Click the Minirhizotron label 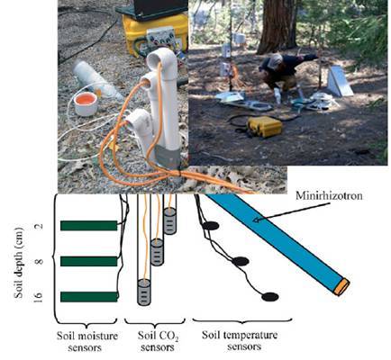point(329,196)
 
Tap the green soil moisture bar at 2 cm point(89,226)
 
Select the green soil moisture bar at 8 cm point(89,261)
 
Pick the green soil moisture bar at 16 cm point(89,297)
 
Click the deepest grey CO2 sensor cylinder point(144,292)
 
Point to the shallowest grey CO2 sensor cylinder point(170,221)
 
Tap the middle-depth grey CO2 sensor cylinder point(157,252)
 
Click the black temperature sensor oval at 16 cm point(270,297)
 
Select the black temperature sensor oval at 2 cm point(211,226)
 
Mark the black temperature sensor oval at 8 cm point(241,262)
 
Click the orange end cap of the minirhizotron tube point(342,287)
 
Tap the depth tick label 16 point(37,297)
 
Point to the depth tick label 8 point(39,261)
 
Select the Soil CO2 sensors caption point(158,341)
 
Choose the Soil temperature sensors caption point(241,340)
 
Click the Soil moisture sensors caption point(87,342)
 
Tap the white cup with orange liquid point(86,103)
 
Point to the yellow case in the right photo point(265,126)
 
